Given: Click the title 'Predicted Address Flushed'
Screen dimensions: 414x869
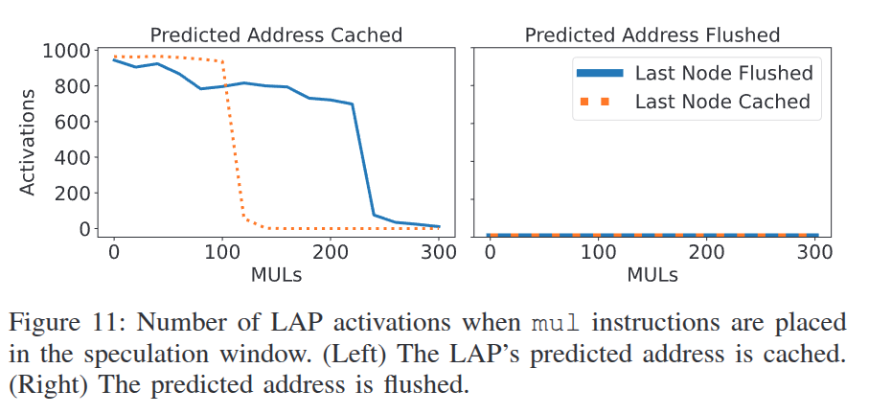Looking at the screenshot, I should point(652,35).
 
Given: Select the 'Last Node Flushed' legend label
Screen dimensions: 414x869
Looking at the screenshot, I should point(723,73).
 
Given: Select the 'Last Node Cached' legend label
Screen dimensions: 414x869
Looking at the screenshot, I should point(722,102).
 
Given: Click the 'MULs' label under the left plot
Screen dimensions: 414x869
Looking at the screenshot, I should point(276,274).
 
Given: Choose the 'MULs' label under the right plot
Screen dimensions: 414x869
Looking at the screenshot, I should point(652,274).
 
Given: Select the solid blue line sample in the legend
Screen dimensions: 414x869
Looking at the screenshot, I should point(599,74).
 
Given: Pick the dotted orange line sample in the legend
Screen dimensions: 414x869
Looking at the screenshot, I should point(599,103).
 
